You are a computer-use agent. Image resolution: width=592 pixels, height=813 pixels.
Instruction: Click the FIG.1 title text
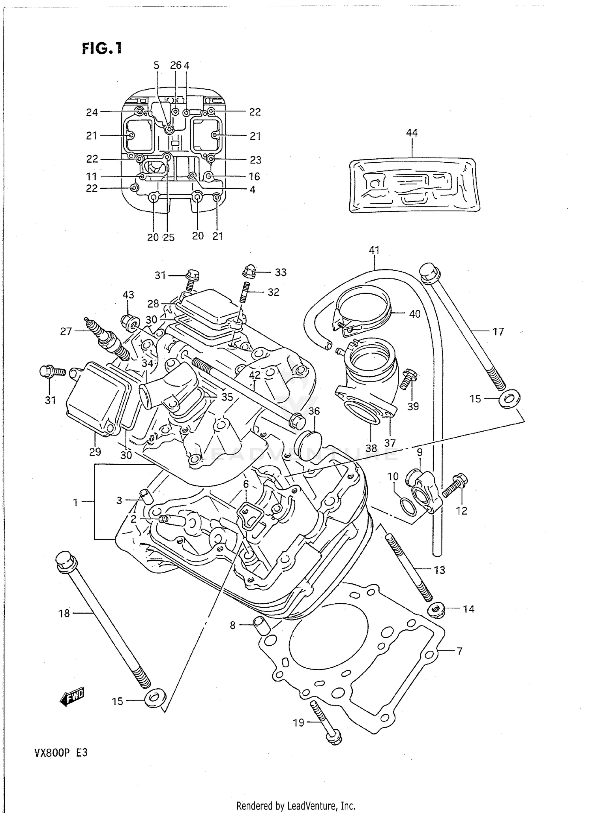click(x=102, y=49)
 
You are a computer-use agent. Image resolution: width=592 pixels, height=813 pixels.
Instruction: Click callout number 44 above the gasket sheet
click(x=412, y=133)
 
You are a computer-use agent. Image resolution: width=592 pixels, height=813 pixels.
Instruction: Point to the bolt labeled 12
click(x=454, y=486)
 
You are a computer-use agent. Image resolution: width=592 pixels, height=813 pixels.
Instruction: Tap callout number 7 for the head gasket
click(x=459, y=651)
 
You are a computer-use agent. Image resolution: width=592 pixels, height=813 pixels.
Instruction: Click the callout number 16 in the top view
click(x=254, y=176)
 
